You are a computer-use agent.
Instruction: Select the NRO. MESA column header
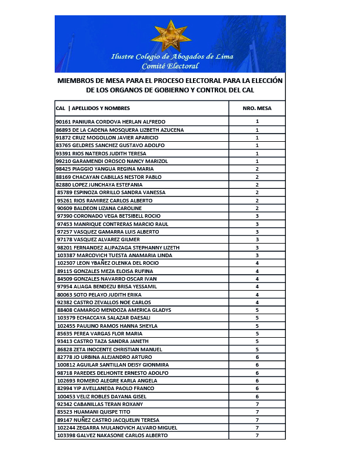(257, 108)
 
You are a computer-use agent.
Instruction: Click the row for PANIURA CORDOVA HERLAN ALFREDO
(111, 122)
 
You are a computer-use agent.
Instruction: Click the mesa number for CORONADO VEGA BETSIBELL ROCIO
(257, 216)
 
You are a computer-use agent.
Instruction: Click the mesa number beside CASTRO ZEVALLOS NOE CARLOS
(257, 302)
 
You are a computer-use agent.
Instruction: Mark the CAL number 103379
(65, 318)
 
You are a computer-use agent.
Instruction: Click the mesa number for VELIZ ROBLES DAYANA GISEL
(257, 396)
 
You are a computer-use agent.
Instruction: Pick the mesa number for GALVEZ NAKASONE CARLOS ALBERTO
(257, 435)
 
